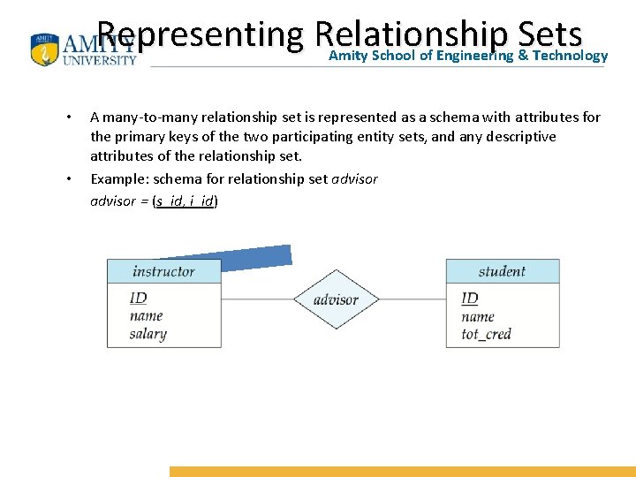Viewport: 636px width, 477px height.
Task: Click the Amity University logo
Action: tap(84, 49)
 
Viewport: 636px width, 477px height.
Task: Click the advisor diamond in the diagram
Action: tap(336, 299)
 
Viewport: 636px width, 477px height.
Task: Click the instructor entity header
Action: tap(163, 271)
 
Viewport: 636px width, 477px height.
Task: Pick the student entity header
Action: tap(502, 271)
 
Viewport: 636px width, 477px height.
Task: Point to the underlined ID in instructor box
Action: tap(138, 299)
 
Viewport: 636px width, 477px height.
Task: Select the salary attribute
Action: tap(148, 333)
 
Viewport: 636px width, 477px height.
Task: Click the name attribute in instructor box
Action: tap(146, 315)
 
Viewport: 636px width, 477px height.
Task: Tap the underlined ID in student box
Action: tap(470, 299)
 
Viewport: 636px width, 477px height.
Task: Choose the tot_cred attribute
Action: tap(486, 333)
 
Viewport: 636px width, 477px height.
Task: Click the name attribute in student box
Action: tap(478, 316)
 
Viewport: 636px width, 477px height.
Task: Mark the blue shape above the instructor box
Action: tap(256, 257)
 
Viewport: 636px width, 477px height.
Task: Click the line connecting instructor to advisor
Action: tap(257, 299)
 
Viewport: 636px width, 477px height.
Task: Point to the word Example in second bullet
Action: tap(116, 179)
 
